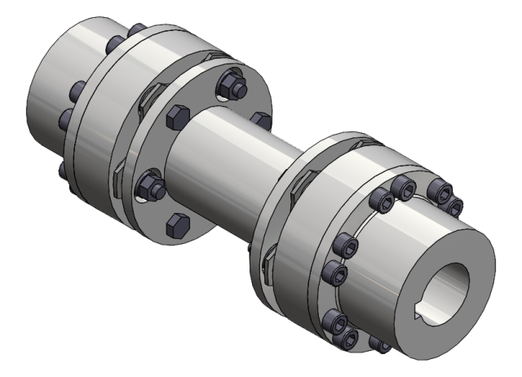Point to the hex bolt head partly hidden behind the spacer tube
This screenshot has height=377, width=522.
click(x=261, y=120)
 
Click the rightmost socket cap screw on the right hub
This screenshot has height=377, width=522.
click(x=455, y=204)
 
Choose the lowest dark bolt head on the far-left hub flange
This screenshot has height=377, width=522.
click(x=64, y=170)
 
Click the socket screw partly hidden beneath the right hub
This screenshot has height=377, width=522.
click(x=379, y=342)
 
